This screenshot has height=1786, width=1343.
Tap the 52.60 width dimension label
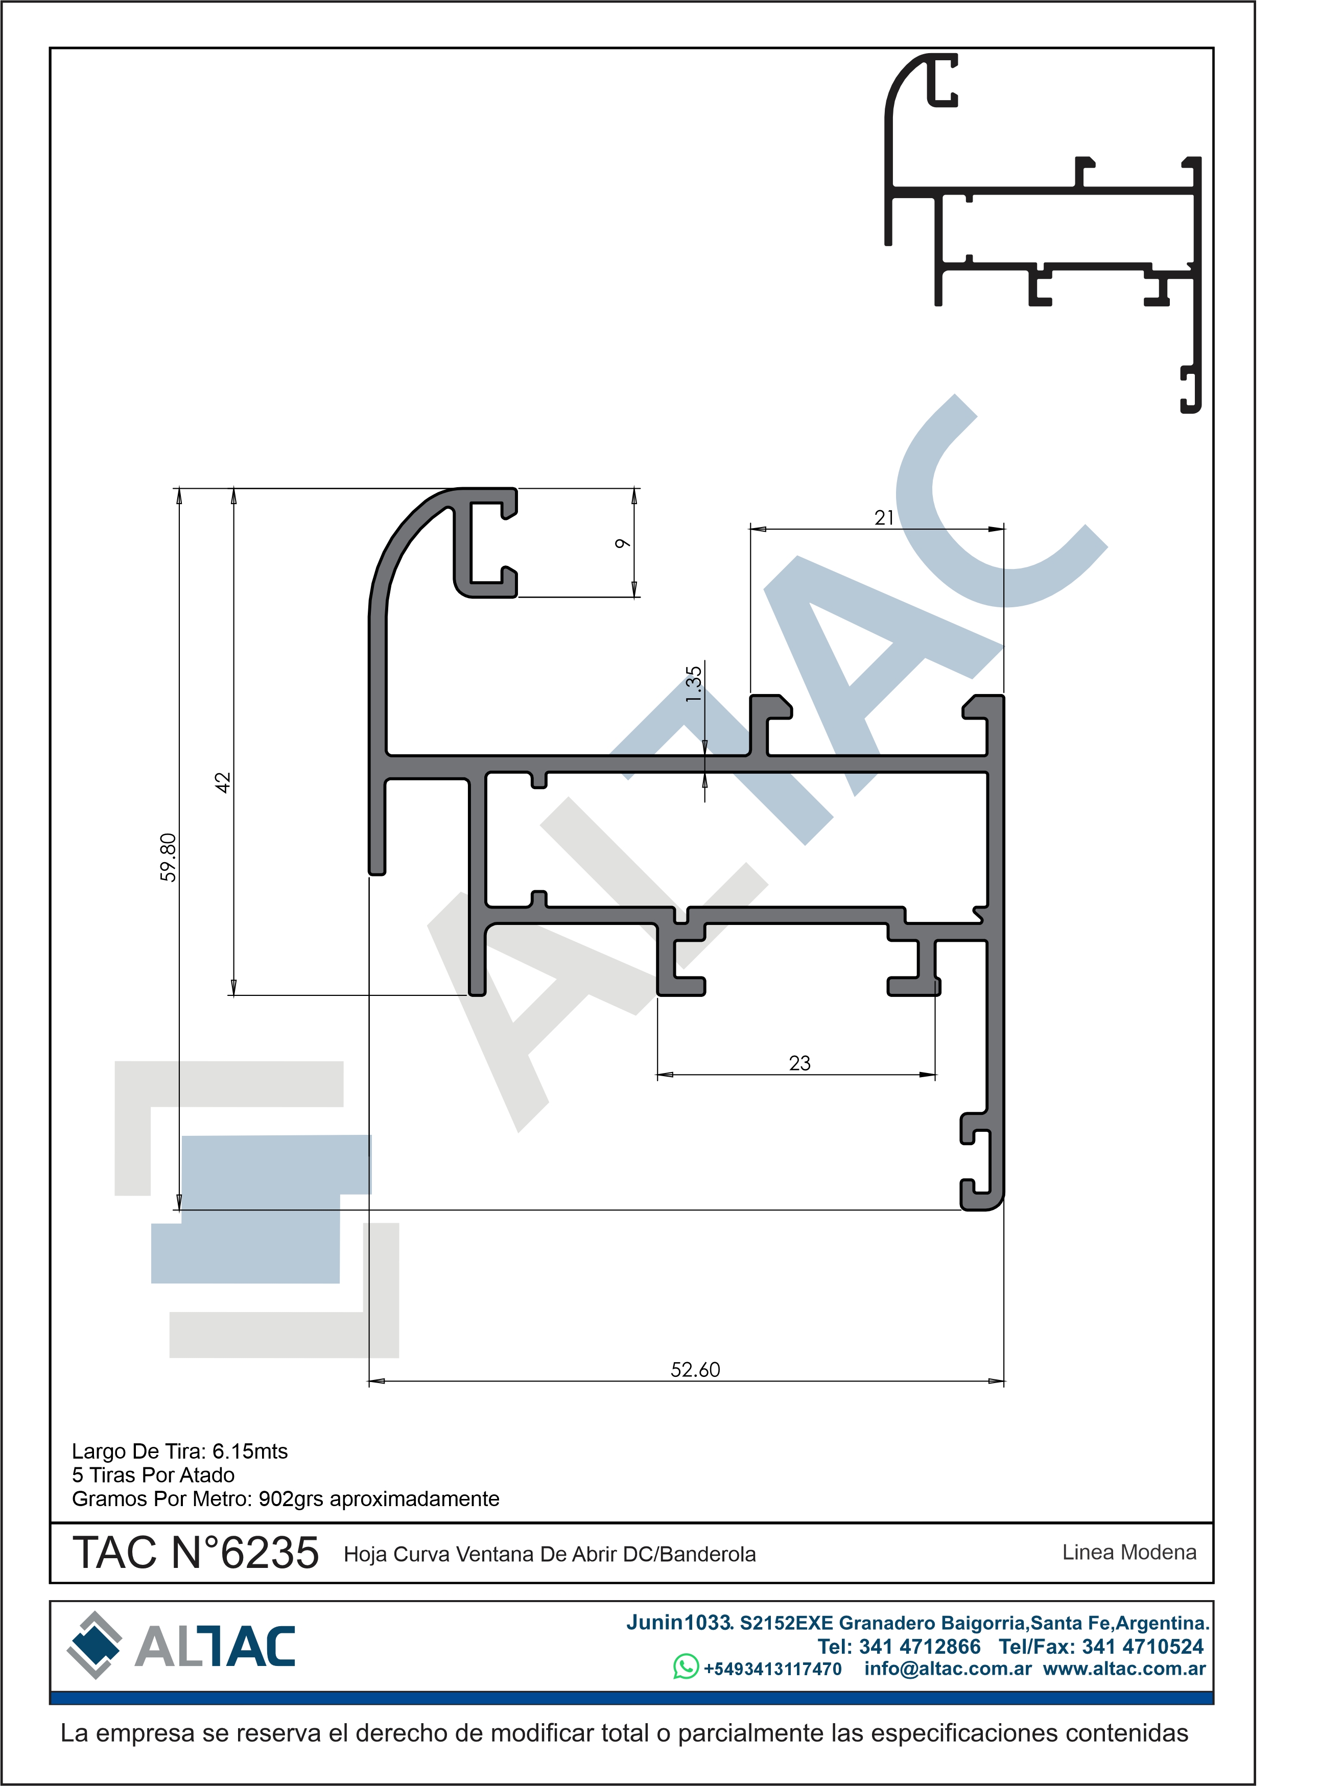(695, 1369)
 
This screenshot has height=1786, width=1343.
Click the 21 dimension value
(884, 517)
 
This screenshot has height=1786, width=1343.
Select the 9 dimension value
(622, 543)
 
